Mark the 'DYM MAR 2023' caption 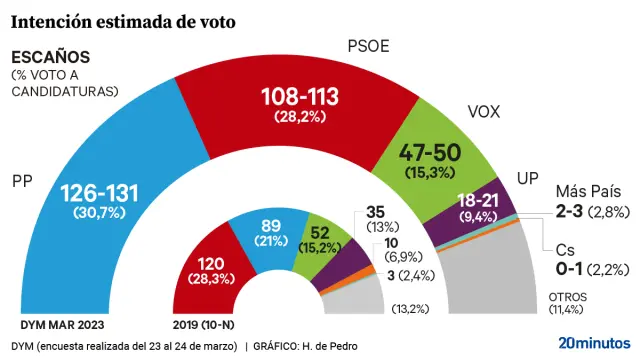(63, 326)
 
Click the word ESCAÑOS (50, 57)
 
